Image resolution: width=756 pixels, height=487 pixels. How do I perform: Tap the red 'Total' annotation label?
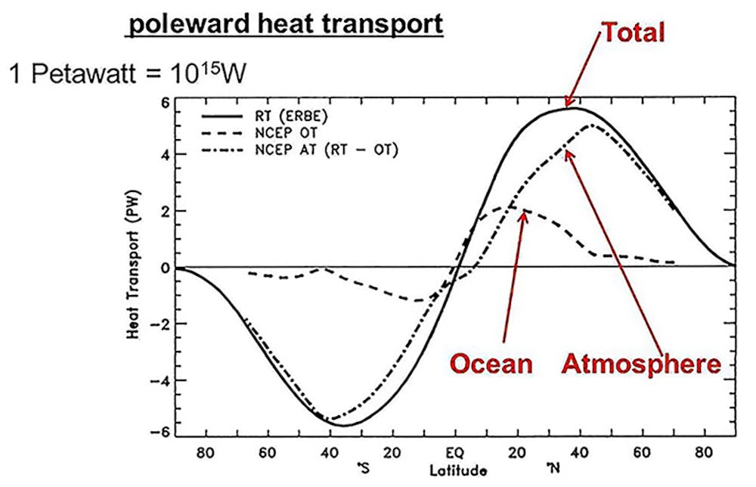(633, 33)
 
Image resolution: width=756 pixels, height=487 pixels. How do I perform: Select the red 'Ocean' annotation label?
(491, 364)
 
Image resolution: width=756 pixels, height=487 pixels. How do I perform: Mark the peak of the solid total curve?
(572, 108)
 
